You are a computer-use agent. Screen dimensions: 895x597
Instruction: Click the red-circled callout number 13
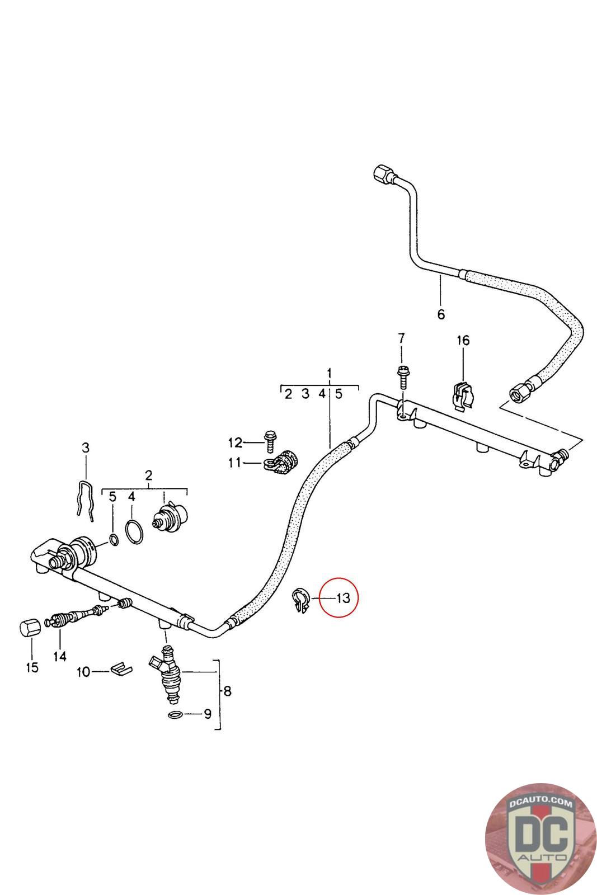pos(343,597)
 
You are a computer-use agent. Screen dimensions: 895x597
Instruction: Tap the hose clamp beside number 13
pos(301,599)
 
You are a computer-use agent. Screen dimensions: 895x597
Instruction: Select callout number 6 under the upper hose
pos(441,314)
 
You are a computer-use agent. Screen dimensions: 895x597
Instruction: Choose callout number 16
pos(463,341)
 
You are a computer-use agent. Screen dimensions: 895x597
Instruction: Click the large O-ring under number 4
pos(133,531)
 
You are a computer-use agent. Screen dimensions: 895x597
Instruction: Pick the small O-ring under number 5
pos(113,540)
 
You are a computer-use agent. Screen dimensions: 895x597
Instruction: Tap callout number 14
pos(60,656)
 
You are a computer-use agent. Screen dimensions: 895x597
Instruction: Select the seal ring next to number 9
pos(175,714)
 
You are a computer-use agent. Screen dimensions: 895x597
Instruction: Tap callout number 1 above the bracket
pos(330,373)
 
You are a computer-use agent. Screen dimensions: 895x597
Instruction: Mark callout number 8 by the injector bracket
pos(227,691)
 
